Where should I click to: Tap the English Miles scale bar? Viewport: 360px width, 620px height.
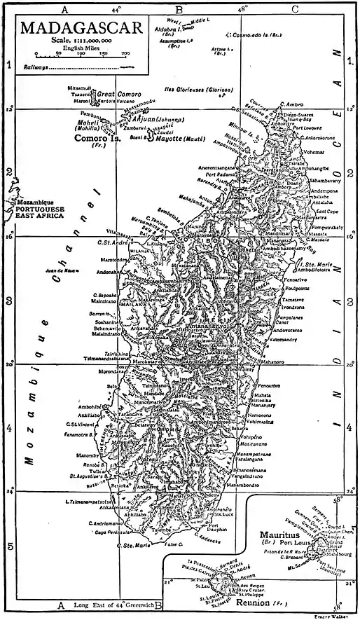(x=80, y=53)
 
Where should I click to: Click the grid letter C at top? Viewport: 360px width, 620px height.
(x=294, y=9)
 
